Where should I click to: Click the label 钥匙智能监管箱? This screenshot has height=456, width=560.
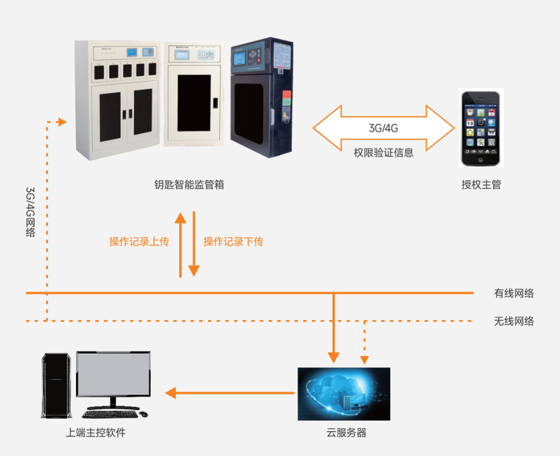coord(185,185)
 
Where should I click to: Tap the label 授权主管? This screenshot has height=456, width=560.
coord(481,185)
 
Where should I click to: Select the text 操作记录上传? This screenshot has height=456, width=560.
coord(139,241)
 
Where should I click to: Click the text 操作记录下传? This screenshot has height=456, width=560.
coord(234,241)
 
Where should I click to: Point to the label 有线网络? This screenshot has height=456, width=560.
coord(514,293)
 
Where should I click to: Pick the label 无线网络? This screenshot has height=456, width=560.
coord(514,321)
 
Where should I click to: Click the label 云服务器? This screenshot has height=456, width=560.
coord(347,433)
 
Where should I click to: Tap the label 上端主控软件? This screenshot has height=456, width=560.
coord(96,433)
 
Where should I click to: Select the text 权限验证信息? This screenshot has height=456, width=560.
coord(383,152)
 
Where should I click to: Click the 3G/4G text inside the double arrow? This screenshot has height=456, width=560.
coord(383,128)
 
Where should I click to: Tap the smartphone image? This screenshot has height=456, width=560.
coord(481,128)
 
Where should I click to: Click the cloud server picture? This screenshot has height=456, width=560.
coord(343,393)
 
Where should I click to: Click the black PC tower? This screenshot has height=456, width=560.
coord(57,385)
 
